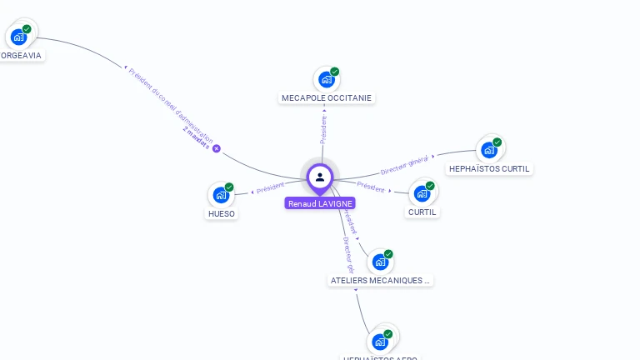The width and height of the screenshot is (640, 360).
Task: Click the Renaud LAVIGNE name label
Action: coord(320,203)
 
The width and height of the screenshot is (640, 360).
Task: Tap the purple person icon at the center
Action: coord(320,177)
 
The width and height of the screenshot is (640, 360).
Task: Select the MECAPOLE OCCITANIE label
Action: coord(327,97)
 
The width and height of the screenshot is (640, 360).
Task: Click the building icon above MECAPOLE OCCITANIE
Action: coord(326,80)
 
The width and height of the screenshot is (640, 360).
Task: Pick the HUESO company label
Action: coord(222,213)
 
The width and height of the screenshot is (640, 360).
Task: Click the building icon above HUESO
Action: coord(221,195)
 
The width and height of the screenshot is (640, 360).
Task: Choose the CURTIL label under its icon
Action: coord(422,212)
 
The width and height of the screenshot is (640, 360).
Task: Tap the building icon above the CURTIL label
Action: coord(422,194)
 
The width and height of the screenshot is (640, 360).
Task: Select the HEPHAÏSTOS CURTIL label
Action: coord(489,168)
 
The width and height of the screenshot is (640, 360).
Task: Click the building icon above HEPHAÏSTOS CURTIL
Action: coord(488,150)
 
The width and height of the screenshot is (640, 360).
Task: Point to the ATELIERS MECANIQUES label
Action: coord(380,281)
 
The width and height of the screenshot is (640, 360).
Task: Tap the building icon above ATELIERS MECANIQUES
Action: coord(380,262)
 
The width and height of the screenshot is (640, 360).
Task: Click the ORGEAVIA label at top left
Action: coord(21,55)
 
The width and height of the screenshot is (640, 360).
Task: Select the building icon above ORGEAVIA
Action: coord(18,37)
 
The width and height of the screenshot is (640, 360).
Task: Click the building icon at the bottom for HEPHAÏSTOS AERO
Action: coord(380,342)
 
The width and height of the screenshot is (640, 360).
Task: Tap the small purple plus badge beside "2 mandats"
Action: coord(217,148)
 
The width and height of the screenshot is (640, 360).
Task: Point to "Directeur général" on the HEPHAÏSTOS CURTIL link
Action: coord(404,165)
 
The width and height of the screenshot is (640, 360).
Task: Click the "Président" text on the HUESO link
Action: coord(271,188)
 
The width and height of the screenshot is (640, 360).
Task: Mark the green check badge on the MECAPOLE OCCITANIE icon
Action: coord(335,72)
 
